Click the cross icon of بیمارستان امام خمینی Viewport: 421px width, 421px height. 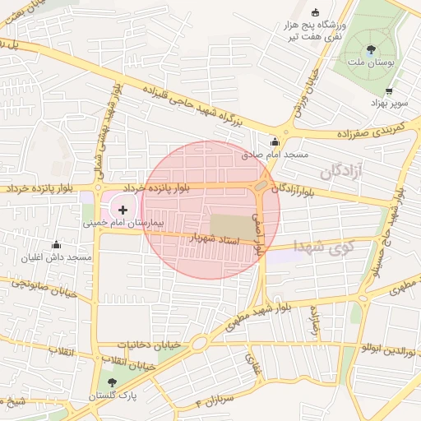[123, 210]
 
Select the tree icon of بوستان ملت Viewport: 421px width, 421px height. [372, 48]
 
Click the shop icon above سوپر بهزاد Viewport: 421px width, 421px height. [388, 91]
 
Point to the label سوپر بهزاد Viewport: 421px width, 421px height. [388, 102]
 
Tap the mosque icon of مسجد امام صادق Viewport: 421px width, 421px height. [275, 141]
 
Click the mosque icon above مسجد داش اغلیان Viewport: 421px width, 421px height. [56, 244]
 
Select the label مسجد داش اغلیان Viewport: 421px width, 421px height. [57, 257]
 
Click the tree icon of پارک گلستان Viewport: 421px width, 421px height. [112, 382]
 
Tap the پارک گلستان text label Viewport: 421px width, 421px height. [112, 396]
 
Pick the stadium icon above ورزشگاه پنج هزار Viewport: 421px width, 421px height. [315, 12]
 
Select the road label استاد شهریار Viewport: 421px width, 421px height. [214, 238]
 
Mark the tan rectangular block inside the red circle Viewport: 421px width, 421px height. [233, 227]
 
